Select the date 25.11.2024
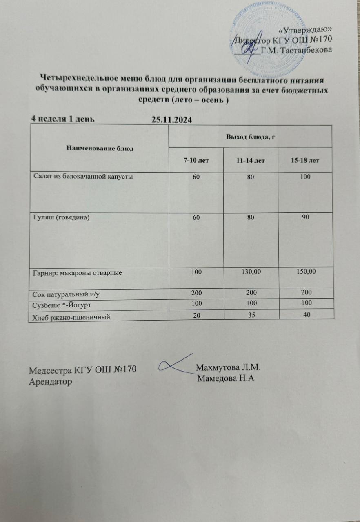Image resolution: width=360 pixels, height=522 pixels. point(171,119)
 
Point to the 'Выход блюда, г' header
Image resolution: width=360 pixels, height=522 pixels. point(249,136)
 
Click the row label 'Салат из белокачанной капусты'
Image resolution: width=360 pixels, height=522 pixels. point(84,177)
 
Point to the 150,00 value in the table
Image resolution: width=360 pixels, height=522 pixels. point(304,272)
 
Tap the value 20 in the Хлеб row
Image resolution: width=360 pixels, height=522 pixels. point(196,314)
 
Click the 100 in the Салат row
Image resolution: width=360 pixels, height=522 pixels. point(304,177)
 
